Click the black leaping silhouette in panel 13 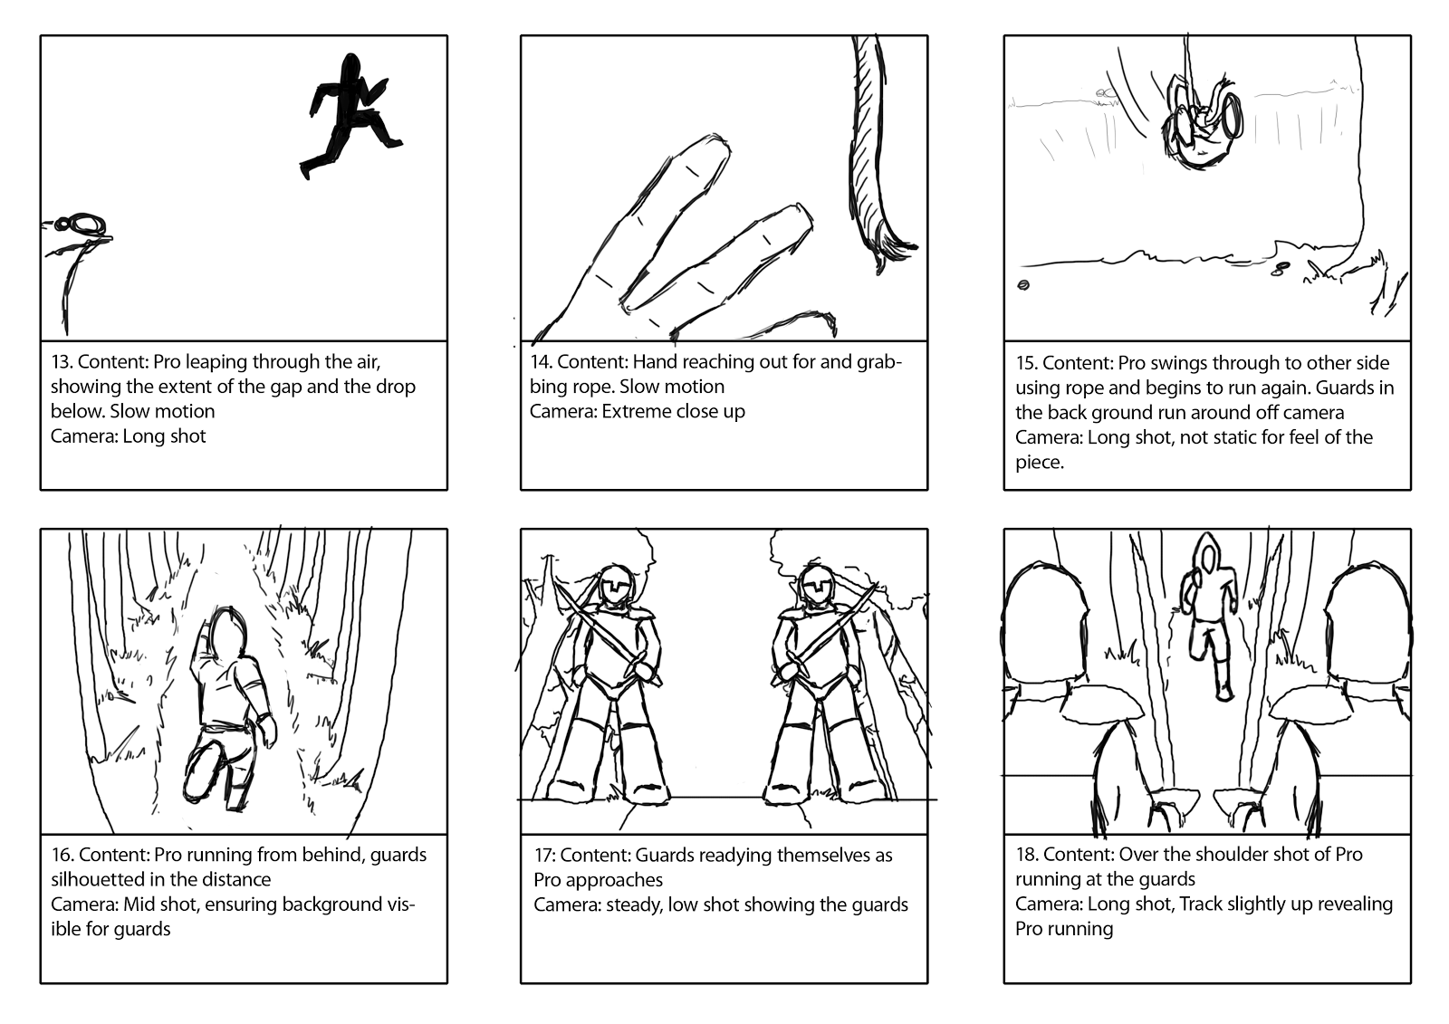(x=346, y=115)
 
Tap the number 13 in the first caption (x=61, y=362)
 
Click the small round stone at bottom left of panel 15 (x=1023, y=284)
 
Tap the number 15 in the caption (x=1025, y=363)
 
